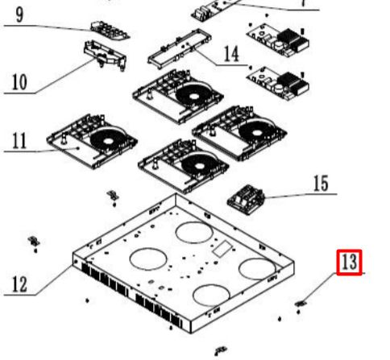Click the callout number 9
pos(19,14)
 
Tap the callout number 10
pos(19,81)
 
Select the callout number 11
pos(19,140)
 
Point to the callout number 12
pos(19,284)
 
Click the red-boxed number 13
pos(349,262)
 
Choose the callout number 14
pos(231,54)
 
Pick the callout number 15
pos(321,184)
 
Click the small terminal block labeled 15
pos(246,199)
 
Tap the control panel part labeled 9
pos(110,30)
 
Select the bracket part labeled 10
pos(105,55)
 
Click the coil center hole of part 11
pos(108,141)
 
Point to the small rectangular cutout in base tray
pos(222,249)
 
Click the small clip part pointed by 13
pos(301,304)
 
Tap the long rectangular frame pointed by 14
pos(180,49)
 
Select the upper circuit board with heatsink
pos(278,40)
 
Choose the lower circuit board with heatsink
pos(278,84)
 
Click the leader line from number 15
pos(301,196)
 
